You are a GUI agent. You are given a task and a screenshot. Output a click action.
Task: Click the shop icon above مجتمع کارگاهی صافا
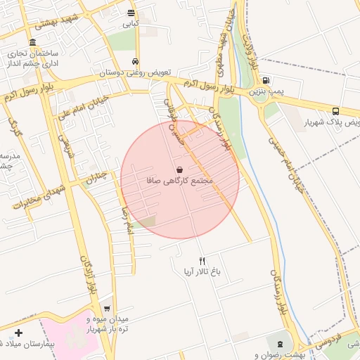[180, 170]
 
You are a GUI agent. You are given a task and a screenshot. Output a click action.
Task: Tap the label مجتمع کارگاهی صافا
[180, 181]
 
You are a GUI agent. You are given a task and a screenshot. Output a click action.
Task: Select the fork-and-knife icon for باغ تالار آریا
[202, 261]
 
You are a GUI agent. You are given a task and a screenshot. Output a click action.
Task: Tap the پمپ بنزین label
[268, 91]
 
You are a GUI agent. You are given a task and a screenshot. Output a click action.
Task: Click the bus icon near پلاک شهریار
[335, 111]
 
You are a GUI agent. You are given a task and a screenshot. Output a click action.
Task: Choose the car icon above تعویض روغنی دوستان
[136, 61]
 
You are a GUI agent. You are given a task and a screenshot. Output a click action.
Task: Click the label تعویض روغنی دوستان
[131, 72]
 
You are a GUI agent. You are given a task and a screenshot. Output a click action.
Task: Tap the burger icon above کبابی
[131, 13]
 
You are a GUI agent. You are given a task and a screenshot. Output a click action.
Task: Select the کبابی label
[131, 23]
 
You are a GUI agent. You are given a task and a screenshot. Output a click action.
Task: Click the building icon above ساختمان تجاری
[33, 42]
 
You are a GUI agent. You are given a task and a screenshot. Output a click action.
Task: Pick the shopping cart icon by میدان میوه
[106, 308]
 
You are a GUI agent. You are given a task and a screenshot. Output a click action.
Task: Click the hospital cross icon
[18, 332]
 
